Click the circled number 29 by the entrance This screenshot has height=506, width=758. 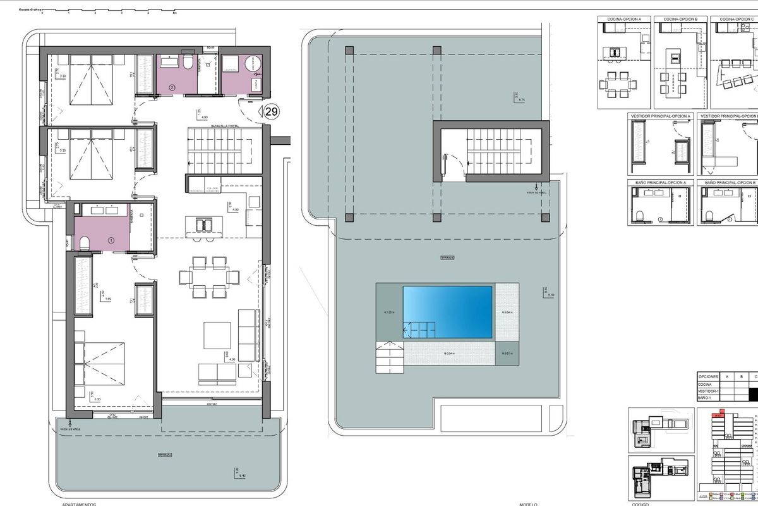pyautogui.click(x=272, y=112)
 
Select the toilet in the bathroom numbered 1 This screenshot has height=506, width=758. pyautogui.click(x=84, y=242)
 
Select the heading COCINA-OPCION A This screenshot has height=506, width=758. pyautogui.click(x=624, y=20)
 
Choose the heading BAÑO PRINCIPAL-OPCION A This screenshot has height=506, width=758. pyautogui.click(x=659, y=183)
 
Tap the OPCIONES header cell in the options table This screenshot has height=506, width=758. pyautogui.click(x=708, y=376)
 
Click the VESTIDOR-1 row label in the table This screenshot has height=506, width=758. pyautogui.click(x=708, y=392)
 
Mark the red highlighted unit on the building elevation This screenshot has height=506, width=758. pyautogui.click(x=718, y=433)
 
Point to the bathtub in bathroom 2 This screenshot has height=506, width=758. pyautogui.click(x=169, y=62)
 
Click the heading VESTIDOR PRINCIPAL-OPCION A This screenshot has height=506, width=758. pyautogui.click(x=660, y=116)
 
